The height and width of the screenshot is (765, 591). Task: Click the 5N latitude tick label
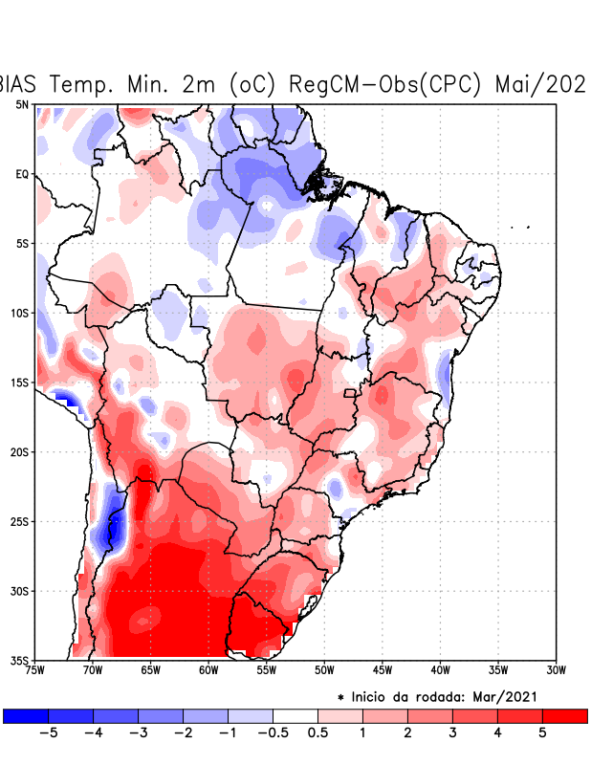point(21,104)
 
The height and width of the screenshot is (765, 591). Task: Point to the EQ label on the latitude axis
point(21,174)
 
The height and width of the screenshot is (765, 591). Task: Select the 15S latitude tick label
point(19,382)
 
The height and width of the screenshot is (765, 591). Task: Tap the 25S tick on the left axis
point(19,522)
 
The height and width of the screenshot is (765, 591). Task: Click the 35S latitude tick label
point(19,661)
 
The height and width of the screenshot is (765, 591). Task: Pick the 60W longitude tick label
point(208,669)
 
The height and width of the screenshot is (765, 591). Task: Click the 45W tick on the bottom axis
point(382,669)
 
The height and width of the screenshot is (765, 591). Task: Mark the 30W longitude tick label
point(556,669)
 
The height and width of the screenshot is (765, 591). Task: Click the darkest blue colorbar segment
point(26,715)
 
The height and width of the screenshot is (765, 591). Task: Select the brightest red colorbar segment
point(564,715)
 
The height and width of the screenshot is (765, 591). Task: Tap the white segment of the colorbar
point(295,715)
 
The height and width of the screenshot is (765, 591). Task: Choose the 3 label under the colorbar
point(452,733)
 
